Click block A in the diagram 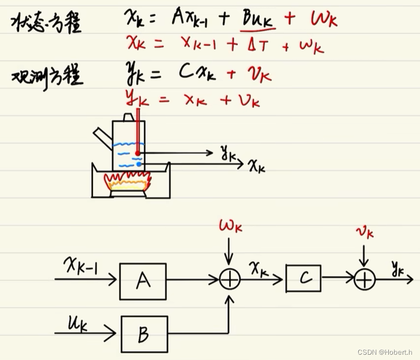click(x=143, y=281)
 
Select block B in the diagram click(x=144, y=334)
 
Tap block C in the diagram click(x=303, y=278)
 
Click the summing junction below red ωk click(x=229, y=280)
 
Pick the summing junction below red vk click(x=364, y=279)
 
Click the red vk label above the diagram click(x=364, y=232)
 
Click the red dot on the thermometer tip click(x=137, y=153)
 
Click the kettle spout click(x=102, y=136)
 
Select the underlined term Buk click(x=257, y=20)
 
